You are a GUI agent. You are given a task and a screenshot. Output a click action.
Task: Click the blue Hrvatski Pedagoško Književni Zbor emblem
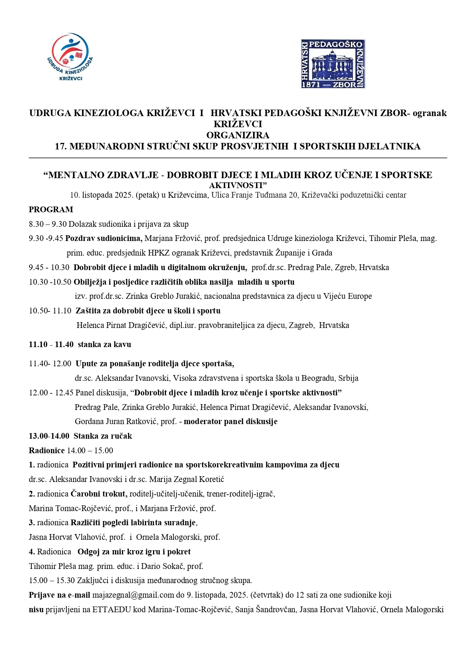[333, 64]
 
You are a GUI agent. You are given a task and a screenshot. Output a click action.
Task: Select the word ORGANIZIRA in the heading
[238, 135]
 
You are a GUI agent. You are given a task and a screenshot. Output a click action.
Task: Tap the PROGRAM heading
[51, 210]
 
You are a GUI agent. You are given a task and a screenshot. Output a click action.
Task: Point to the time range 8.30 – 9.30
[48, 224]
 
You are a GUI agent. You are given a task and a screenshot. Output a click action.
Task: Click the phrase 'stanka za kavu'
[104, 344]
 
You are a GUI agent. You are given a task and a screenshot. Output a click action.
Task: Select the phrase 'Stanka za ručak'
[103, 436]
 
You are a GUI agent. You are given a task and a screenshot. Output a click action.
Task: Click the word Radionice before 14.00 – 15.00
[46, 451]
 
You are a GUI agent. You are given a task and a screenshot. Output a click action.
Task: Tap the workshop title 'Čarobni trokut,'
[99, 494]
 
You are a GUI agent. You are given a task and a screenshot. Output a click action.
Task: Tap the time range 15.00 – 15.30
[52, 580]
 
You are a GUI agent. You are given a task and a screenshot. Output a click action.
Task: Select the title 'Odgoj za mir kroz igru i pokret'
[134, 552]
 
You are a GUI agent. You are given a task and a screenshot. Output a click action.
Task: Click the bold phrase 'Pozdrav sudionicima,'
[104, 238]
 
